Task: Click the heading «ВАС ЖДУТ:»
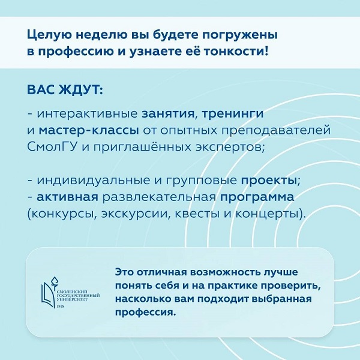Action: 65,90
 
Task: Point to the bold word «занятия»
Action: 168,113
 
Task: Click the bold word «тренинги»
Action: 232,114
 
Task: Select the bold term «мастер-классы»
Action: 89,131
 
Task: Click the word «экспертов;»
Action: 230,148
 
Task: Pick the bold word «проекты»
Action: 269,181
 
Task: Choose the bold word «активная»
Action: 67,197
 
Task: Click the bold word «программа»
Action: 257,197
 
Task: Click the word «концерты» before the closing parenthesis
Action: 268,214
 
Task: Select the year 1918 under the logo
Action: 61,306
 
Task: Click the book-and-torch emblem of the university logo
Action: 49,293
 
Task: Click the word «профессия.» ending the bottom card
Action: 145,313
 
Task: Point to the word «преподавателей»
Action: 276,131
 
